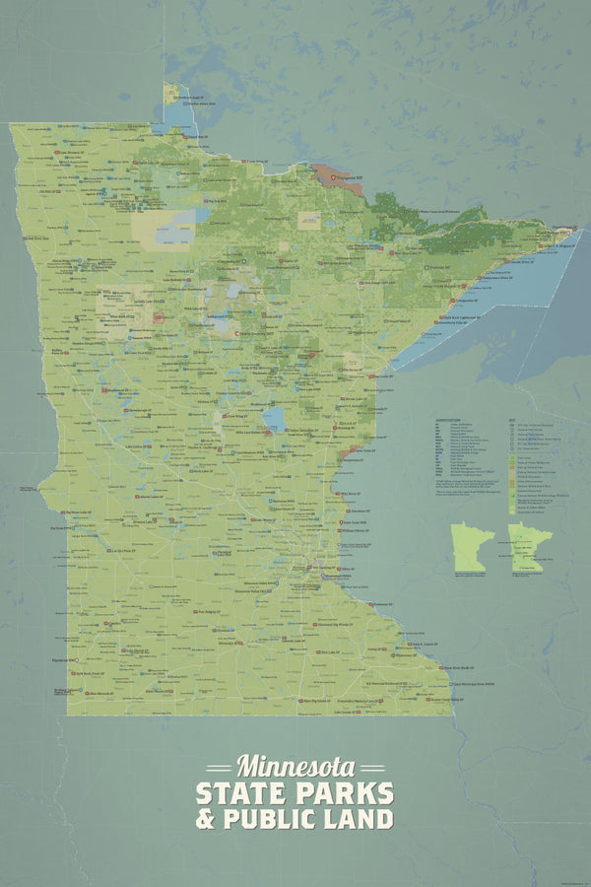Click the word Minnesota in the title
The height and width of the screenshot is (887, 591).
295,766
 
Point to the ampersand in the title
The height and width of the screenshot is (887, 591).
207,819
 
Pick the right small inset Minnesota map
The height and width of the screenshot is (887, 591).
530,546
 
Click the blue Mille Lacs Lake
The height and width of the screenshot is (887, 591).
274,420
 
